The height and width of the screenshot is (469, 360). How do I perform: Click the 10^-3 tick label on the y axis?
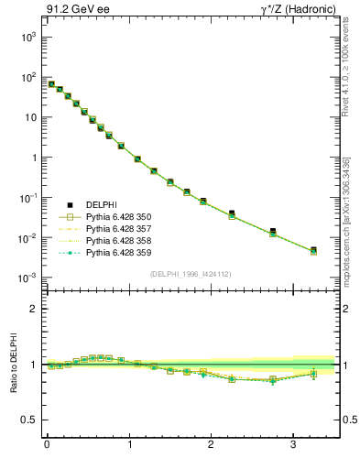(x=27, y=278)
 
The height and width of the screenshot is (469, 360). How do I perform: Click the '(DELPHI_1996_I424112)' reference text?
(x=191, y=273)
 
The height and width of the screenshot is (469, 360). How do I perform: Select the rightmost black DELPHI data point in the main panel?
(x=313, y=249)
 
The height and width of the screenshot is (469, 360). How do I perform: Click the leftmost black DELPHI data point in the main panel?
(x=51, y=83)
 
